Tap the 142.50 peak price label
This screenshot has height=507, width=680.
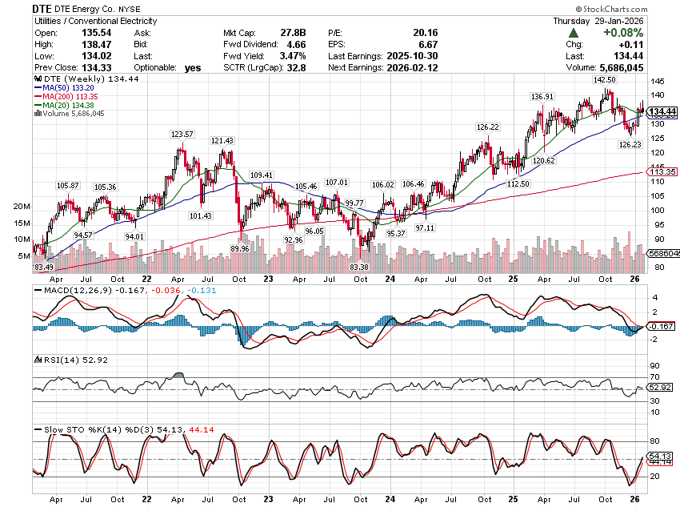click(x=605, y=81)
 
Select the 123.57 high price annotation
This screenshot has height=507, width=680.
click(x=182, y=135)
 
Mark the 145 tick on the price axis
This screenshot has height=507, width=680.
click(x=656, y=82)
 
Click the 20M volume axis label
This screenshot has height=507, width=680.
click(x=22, y=206)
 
